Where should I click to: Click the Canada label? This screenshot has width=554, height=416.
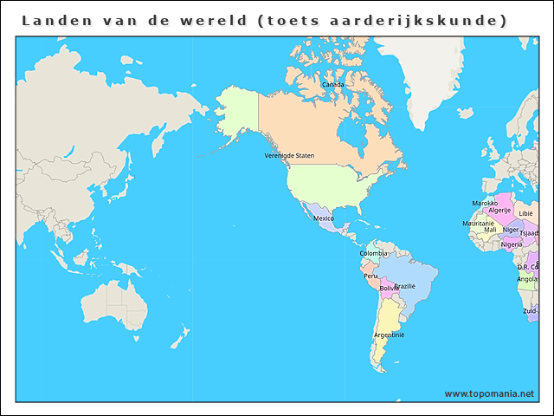coord(332,85)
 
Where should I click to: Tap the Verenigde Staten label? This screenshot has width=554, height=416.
coord(289,156)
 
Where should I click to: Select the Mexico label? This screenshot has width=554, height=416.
coord(324,218)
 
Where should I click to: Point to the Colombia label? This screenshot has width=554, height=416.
coord(374,253)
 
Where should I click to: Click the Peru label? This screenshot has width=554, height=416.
coord(370,276)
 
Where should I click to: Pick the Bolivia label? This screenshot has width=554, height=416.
coord(389,288)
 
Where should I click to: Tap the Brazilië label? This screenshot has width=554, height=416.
coord(405,286)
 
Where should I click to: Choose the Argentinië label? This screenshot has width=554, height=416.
coord(389,335)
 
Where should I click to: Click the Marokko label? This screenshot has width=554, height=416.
coord(485,204)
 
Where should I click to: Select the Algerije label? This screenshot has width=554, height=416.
coord(499,211)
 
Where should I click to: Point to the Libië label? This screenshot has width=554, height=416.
coord(525,213)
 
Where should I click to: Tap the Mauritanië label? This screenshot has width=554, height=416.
coord(478,223)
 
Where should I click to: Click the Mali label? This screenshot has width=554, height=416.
coord(490,230)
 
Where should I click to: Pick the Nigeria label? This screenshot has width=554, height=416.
coord(512,244)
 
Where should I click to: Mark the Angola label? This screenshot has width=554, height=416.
coord(527,279)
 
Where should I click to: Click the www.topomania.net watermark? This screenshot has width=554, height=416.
coord(489,393)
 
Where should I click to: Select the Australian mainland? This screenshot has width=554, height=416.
coord(113,303)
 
